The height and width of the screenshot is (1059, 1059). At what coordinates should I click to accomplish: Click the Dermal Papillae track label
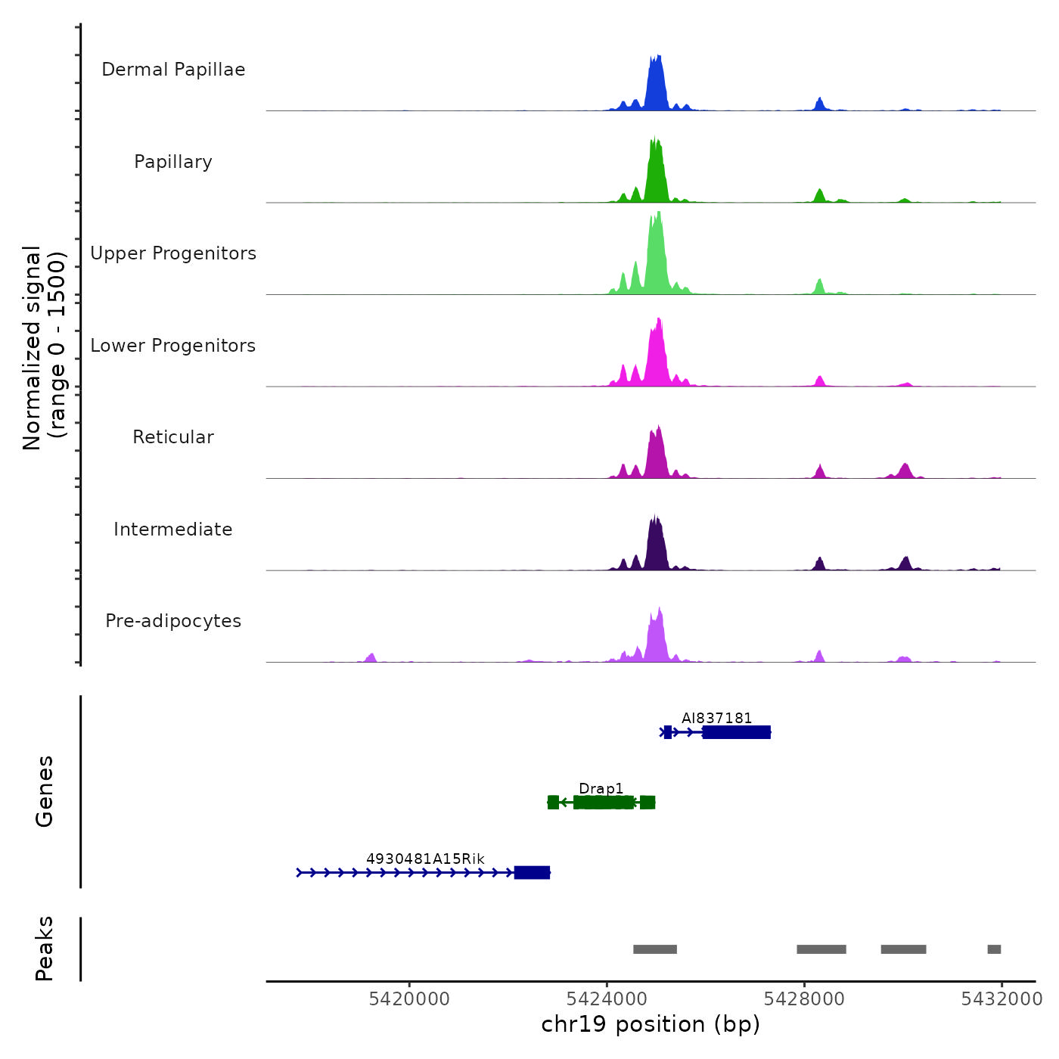point(173,70)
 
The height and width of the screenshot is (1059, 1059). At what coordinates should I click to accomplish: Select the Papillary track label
point(173,162)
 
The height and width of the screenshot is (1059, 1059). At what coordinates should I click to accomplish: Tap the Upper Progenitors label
point(173,253)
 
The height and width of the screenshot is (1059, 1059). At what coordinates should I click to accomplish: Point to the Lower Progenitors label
point(173,346)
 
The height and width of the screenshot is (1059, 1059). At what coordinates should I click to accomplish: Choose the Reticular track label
point(173,437)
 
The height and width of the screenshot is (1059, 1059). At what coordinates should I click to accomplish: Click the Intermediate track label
point(173,529)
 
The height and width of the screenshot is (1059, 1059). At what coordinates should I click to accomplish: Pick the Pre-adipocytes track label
point(173,621)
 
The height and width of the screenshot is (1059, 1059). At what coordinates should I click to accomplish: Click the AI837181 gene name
point(716,718)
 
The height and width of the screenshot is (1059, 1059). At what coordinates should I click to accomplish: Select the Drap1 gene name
point(601,789)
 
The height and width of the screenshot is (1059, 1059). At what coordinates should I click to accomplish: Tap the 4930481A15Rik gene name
point(425,859)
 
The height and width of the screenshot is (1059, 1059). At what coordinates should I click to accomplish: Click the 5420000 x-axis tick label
point(409,999)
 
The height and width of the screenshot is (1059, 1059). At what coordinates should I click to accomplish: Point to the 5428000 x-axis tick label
point(804,999)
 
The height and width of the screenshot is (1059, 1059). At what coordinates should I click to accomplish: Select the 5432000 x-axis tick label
point(1002,999)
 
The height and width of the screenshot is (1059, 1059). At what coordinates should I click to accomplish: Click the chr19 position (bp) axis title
point(651,1024)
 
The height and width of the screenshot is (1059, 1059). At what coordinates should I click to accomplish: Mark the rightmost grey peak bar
point(994,949)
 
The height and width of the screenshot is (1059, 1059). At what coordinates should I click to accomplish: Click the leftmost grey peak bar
point(655,949)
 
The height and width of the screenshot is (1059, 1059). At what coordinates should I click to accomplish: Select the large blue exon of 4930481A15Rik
point(532,873)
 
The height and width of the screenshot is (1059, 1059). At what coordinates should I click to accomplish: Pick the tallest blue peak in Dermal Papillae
point(656,83)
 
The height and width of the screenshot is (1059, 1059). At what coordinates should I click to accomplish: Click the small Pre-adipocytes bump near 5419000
point(371,657)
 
